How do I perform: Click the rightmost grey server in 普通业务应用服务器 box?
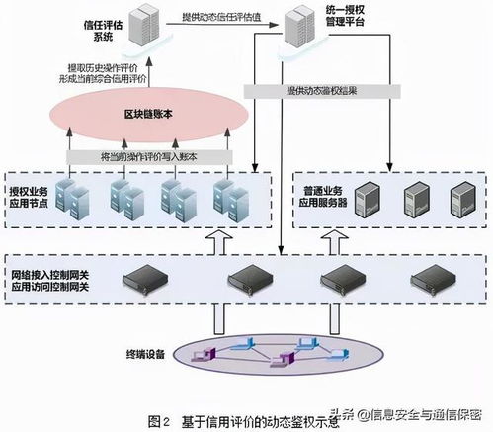tap(461, 200)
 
